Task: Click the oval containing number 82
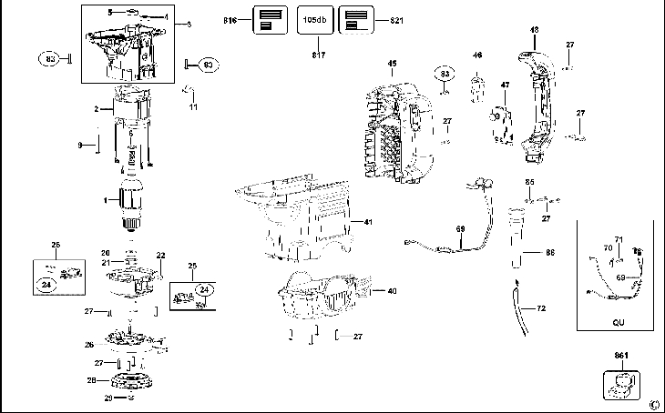tap(51, 59)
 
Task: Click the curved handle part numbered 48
tap(543, 91)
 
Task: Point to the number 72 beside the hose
tap(541, 309)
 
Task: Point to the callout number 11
tap(192, 107)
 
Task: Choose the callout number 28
tap(91, 380)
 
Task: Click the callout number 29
tap(107, 398)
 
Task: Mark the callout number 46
tap(476, 56)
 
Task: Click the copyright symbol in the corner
tap(653, 404)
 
